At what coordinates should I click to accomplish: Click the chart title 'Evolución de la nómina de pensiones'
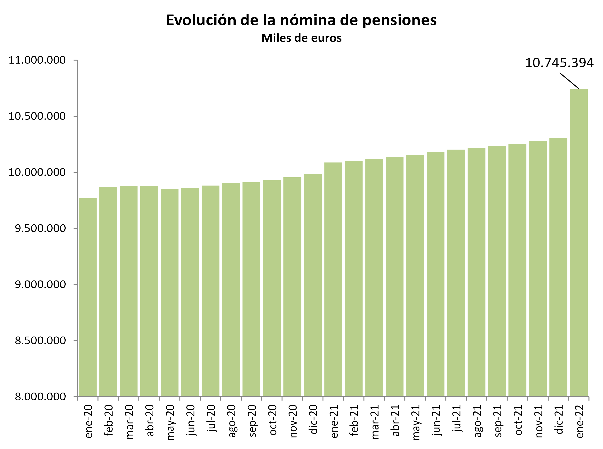click(x=301, y=20)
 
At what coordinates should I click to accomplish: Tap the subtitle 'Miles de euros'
click(x=301, y=38)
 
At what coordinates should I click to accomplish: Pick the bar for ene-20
click(x=88, y=297)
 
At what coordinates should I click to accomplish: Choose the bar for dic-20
click(x=313, y=285)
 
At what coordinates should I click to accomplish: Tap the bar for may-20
click(x=169, y=293)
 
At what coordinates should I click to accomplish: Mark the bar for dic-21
click(x=558, y=267)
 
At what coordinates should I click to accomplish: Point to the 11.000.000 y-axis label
click(x=37, y=60)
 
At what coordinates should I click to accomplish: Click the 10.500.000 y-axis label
click(x=37, y=116)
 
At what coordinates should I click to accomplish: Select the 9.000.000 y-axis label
click(x=40, y=284)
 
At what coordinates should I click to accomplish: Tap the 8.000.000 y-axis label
click(x=40, y=397)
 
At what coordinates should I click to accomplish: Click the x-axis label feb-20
click(x=108, y=420)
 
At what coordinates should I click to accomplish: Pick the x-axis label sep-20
click(x=252, y=421)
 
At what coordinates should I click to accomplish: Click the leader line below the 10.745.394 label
click(x=569, y=80)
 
